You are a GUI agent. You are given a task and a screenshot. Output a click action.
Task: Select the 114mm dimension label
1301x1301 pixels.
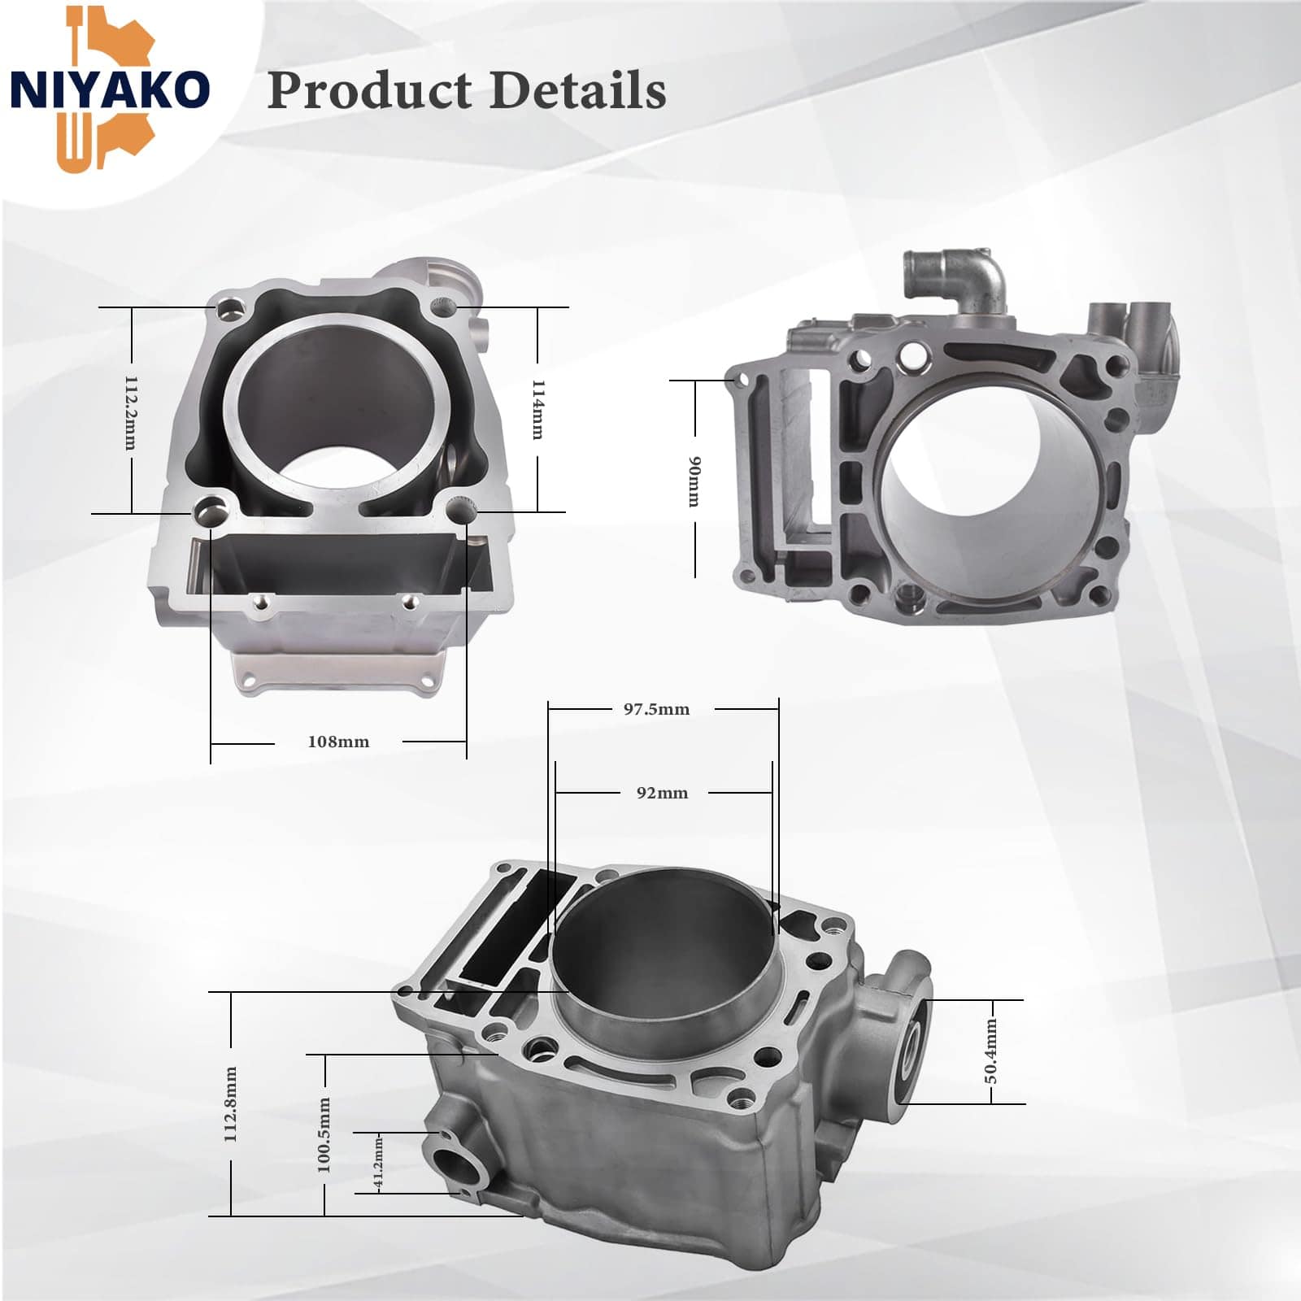(537, 409)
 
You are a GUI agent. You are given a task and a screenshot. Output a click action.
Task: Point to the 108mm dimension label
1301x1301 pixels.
(338, 742)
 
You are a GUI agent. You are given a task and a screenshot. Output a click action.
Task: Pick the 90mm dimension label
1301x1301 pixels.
(694, 481)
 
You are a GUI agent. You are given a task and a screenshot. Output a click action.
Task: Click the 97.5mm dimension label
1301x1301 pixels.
(656, 709)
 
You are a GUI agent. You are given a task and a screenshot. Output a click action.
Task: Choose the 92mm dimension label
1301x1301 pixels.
(662, 793)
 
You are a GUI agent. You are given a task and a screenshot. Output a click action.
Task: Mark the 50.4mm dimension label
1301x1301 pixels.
(991, 1051)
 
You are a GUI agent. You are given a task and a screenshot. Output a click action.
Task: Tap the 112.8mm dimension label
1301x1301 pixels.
(231, 1104)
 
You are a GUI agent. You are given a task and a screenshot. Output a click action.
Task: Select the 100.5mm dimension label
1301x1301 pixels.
(324, 1134)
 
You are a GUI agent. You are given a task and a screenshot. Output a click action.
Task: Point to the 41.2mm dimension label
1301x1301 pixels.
(378, 1164)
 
